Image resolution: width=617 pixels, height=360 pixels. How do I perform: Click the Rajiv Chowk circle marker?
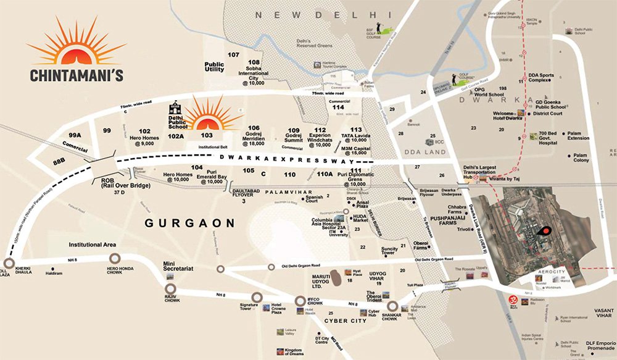coord(171,288)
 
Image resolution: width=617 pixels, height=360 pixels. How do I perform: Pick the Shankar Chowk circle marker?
coord(392,306)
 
